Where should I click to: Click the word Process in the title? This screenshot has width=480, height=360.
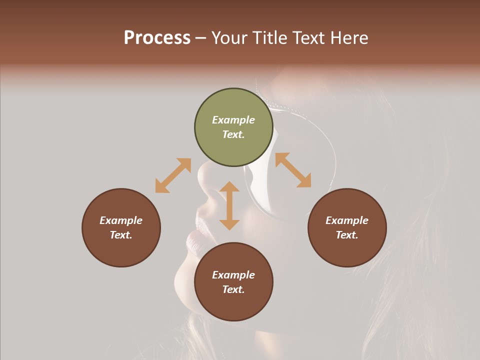tap(157, 38)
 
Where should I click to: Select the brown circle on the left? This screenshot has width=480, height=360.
tap(121, 227)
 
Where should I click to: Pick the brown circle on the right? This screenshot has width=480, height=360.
tap(347, 227)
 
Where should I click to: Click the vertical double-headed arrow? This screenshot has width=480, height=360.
tap(229, 205)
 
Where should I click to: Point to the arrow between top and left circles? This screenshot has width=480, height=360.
tap(173, 175)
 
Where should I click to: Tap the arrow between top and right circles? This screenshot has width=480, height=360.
tap(293, 170)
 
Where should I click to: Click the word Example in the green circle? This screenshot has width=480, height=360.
tap(233, 120)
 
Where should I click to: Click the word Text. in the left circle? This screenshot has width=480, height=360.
tap(121, 235)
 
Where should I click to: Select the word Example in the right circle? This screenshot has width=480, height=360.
tap(347, 220)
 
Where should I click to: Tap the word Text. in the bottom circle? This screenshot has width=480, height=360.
tap(233, 289)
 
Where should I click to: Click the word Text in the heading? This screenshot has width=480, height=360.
tap(306, 38)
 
